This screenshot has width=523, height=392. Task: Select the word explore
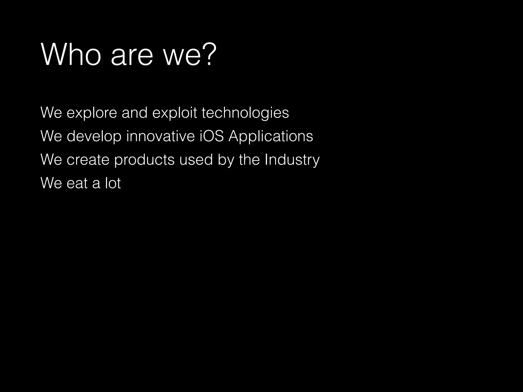pyautogui.click(x=92, y=113)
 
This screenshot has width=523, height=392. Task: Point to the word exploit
pyautogui.click(x=175, y=113)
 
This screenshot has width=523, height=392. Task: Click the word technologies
pyautogui.click(x=245, y=113)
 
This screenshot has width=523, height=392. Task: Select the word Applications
pyautogui.click(x=271, y=136)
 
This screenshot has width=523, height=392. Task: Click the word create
pyautogui.click(x=88, y=160)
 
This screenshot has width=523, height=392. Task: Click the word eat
pyautogui.click(x=77, y=183)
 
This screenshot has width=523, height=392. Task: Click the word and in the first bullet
pyautogui.click(x=135, y=113)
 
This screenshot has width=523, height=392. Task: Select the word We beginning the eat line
pyautogui.click(x=51, y=183)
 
